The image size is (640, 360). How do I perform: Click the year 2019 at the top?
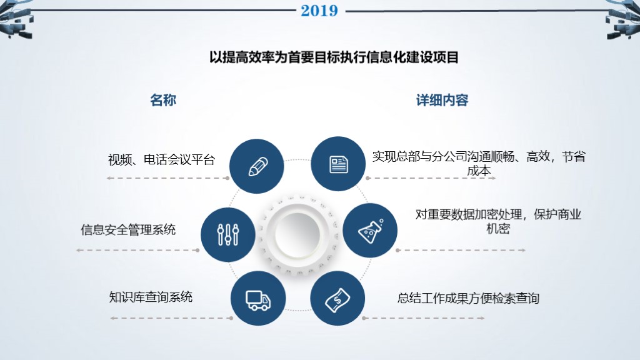319,11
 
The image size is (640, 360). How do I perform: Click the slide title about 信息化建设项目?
334,57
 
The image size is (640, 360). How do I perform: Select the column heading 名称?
163,100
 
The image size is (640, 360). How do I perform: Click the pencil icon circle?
257,166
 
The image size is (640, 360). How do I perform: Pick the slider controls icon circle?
227,234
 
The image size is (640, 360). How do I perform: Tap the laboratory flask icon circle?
371,230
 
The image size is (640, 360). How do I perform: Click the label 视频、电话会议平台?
161,160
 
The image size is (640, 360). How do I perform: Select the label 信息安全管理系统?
128,229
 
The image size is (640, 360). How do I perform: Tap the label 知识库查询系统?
151,296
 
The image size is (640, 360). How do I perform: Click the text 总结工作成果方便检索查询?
468,298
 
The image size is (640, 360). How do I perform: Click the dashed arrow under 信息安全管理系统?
137,251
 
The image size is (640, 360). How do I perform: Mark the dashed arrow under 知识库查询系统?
169,318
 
